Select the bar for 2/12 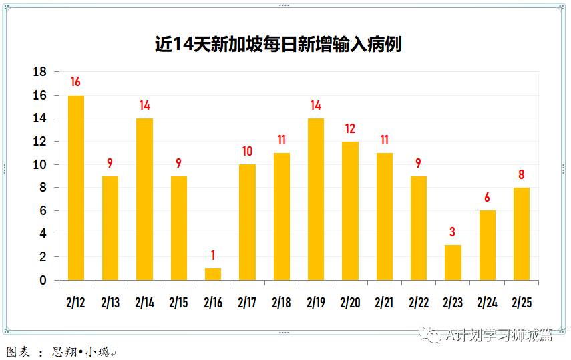(76, 188)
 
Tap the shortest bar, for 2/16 (213, 275)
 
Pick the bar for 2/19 (316, 199)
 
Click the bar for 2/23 (453, 262)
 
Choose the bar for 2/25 (522, 234)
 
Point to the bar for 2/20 (350, 210)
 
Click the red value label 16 (75, 82)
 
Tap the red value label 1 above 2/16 (213, 255)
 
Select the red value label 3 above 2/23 (453, 232)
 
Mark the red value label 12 (350, 128)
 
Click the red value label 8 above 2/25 (522, 175)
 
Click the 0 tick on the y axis (43, 281)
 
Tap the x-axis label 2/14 (144, 303)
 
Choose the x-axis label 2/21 (384, 303)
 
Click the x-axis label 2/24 (487, 303)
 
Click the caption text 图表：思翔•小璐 (59, 351)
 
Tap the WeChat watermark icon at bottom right (434, 335)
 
